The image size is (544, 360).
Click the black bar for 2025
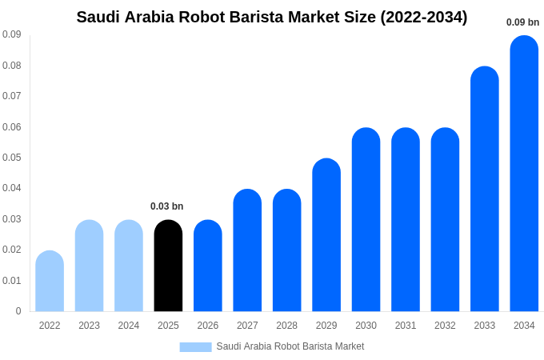[x=168, y=266]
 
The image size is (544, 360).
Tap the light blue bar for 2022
[x=50, y=282]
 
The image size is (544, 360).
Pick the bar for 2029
[x=326, y=235]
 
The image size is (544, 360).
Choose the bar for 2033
[x=485, y=190]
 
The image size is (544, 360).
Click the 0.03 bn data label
[x=167, y=206]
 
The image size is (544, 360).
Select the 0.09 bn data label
[x=523, y=22]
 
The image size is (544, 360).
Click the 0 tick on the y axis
[x=18, y=311]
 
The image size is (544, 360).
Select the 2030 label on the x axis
[x=366, y=326]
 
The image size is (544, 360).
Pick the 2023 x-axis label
[x=89, y=326]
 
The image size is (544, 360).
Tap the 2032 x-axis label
[x=445, y=326]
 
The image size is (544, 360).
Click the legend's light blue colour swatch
[x=195, y=346]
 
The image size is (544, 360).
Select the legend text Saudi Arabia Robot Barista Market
[x=290, y=346]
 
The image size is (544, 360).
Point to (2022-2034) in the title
[x=424, y=17]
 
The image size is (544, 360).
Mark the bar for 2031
[x=406, y=220]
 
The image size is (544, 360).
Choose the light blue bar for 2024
[x=129, y=266]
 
